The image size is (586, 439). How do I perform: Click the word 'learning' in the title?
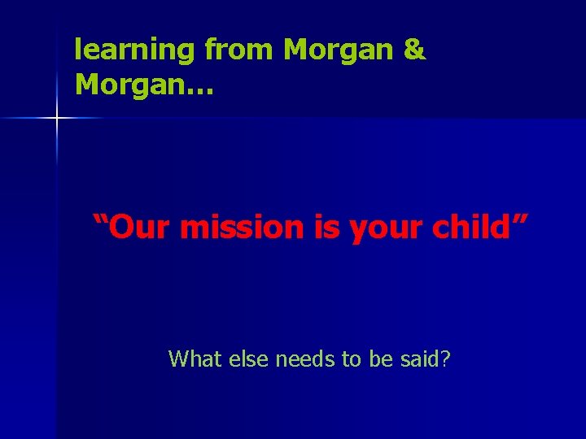click(x=134, y=51)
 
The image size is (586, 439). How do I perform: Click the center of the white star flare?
click(x=57, y=119)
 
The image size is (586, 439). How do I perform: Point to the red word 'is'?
click(x=328, y=228)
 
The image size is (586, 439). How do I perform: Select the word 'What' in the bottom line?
click(x=194, y=358)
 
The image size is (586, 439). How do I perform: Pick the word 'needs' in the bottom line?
click(x=306, y=359)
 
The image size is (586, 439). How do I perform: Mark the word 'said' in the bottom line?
click(x=418, y=358)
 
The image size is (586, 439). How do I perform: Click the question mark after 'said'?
click(x=444, y=358)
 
